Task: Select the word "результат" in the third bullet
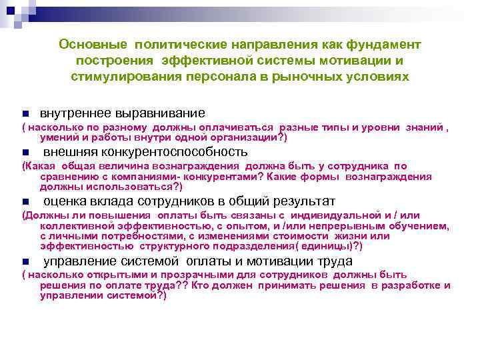pyautogui.click(x=299, y=201)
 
